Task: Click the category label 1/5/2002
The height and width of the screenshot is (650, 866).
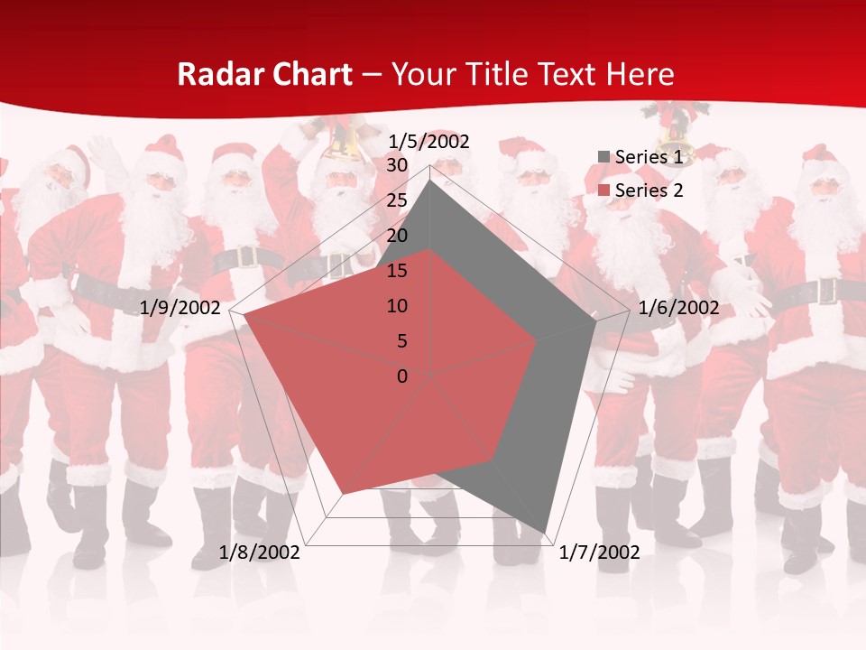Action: pyautogui.click(x=429, y=141)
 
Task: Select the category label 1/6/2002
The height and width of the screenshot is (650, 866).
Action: pyautogui.click(x=678, y=308)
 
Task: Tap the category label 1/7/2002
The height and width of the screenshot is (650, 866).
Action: pyautogui.click(x=599, y=552)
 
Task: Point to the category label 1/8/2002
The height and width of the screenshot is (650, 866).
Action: pyautogui.click(x=260, y=552)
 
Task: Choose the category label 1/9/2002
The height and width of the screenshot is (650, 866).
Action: pyautogui.click(x=180, y=308)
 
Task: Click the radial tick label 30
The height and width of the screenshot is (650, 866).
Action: pyautogui.click(x=397, y=165)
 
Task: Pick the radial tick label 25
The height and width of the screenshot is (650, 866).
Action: pyautogui.click(x=397, y=200)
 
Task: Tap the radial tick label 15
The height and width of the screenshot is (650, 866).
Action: pyautogui.click(x=397, y=271)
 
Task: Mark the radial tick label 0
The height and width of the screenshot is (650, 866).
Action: pyautogui.click(x=402, y=376)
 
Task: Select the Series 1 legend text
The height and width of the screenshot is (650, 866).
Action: pyautogui.click(x=649, y=157)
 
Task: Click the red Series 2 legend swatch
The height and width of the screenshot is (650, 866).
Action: pyautogui.click(x=603, y=190)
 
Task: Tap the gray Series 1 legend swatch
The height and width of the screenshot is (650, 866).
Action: pyautogui.click(x=603, y=157)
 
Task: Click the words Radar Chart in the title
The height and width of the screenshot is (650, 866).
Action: pyautogui.click(x=264, y=74)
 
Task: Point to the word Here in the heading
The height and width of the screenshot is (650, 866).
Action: pyautogui.click(x=640, y=74)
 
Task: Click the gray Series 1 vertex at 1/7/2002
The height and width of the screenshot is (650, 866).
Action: pyautogui.click(x=546, y=533)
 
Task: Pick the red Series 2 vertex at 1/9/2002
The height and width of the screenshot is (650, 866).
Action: pyautogui.click(x=244, y=316)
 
